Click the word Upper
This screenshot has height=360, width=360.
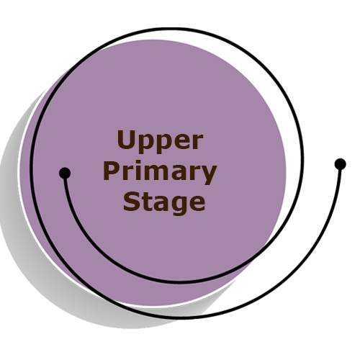pyautogui.click(x=160, y=141)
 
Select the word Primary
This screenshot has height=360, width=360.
pyautogui.click(x=160, y=173)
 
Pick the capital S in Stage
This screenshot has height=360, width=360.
pyautogui.click(x=131, y=202)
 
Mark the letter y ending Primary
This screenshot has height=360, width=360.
pyautogui.click(x=208, y=175)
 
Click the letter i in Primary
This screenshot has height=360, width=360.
pyautogui.click(x=140, y=171)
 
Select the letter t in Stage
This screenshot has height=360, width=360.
pyautogui.click(x=147, y=202)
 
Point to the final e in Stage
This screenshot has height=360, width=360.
pyautogui.click(x=197, y=203)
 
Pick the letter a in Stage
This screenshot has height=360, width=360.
pyautogui.click(x=162, y=203)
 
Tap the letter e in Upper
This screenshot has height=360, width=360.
pyautogui.click(x=181, y=141)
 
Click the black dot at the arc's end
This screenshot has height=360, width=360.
pyautogui.click(x=65, y=172)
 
